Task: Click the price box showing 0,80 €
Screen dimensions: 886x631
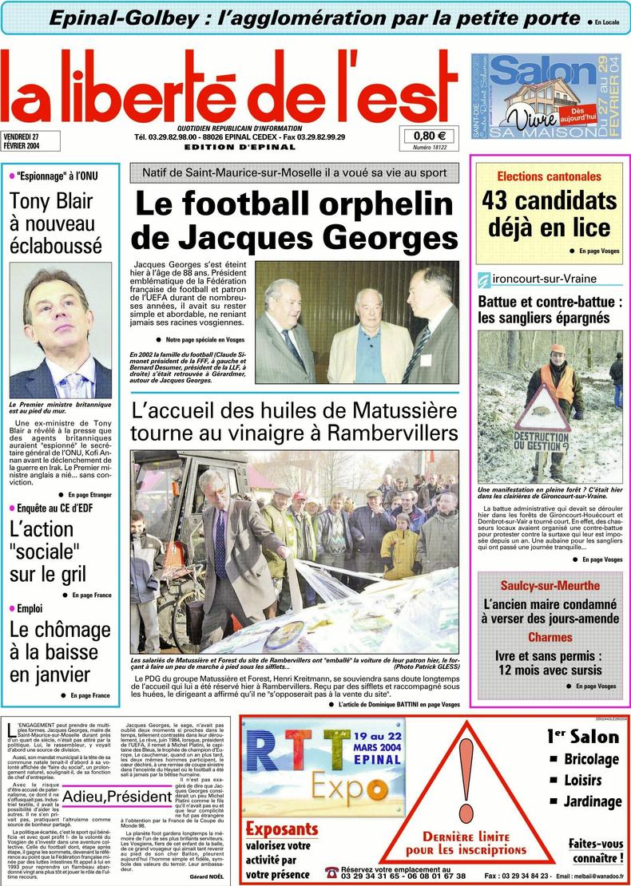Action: [430, 136]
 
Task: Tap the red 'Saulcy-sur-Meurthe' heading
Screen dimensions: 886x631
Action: [550, 585]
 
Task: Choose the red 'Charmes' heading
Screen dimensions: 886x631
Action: [550, 638]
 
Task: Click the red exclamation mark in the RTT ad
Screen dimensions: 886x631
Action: [466, 782]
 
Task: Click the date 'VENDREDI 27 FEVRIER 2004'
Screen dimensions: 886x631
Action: [26, 140]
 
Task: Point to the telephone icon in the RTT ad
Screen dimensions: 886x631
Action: [331, 872]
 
